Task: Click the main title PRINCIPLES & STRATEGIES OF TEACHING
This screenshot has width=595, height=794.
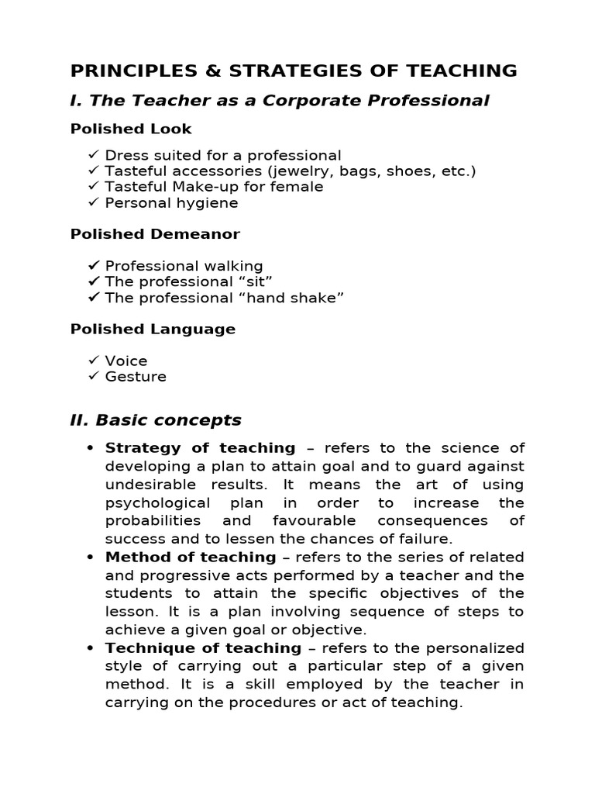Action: (x=294, y=71)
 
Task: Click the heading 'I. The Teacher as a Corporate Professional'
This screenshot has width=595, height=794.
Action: (x=280, y=101)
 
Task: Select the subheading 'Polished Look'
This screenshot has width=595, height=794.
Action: (x=131, y=129)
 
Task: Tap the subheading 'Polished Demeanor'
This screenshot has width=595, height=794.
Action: (x=155, y=234)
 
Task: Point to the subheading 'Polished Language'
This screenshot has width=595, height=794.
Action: (x=153, y=329)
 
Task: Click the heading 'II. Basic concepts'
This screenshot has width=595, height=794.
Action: (x=156, y=420)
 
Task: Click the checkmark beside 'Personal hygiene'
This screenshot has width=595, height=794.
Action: (x=93, y=202)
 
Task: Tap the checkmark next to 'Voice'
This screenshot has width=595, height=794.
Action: (x=93, y=361)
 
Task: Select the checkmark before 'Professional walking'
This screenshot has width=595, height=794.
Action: (x=93, y=266)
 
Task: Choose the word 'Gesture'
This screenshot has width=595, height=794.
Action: (x=136, y=377)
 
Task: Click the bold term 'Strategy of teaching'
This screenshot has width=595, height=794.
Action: (x=200, y=448)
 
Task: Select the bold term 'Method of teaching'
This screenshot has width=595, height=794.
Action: (x=191, y=558)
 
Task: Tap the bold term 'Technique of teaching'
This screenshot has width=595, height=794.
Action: (x=203, y=648)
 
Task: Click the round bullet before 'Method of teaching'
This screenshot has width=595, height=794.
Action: (x=90, y=558)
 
